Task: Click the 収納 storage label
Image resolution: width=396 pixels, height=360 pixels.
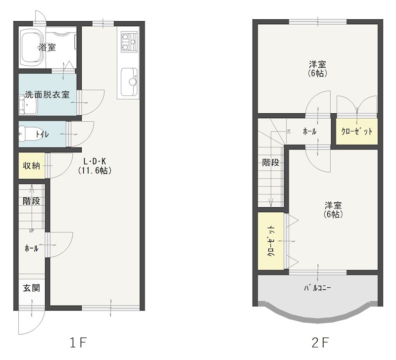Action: pyautogui.click(x=32, y=166)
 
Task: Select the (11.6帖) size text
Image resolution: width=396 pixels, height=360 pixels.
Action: pyautogui.click(x=95, y=171)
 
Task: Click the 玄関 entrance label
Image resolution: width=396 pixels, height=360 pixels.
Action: pyautogui.click(x=32, y=288)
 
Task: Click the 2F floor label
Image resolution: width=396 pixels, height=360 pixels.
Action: pyautogui.click(x=320, y=343)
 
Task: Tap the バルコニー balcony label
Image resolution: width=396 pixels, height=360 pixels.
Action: pyautogui.click(x=317, y=288)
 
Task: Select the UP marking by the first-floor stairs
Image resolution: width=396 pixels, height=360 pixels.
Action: pyautogui.click(x=32, y=230)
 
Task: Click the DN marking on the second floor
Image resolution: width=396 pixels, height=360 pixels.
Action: pyautogui.click(x=289, y=132)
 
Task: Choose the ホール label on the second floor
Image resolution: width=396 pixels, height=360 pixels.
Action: pyautogui.click(x=309, y=132)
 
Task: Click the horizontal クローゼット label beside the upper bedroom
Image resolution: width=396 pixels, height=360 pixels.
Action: pyautogui.click(x=356, y=132)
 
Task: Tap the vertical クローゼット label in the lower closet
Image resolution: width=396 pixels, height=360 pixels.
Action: pyautogui.click(x=271, y=241)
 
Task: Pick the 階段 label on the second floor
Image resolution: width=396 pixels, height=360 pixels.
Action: pyautogui.click(x=271, y=163)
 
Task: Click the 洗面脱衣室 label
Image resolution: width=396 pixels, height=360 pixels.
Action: pyautogui.click(x=47, y=94)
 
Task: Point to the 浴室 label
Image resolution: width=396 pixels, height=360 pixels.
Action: pyautogui.click(x=47, y=47)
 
